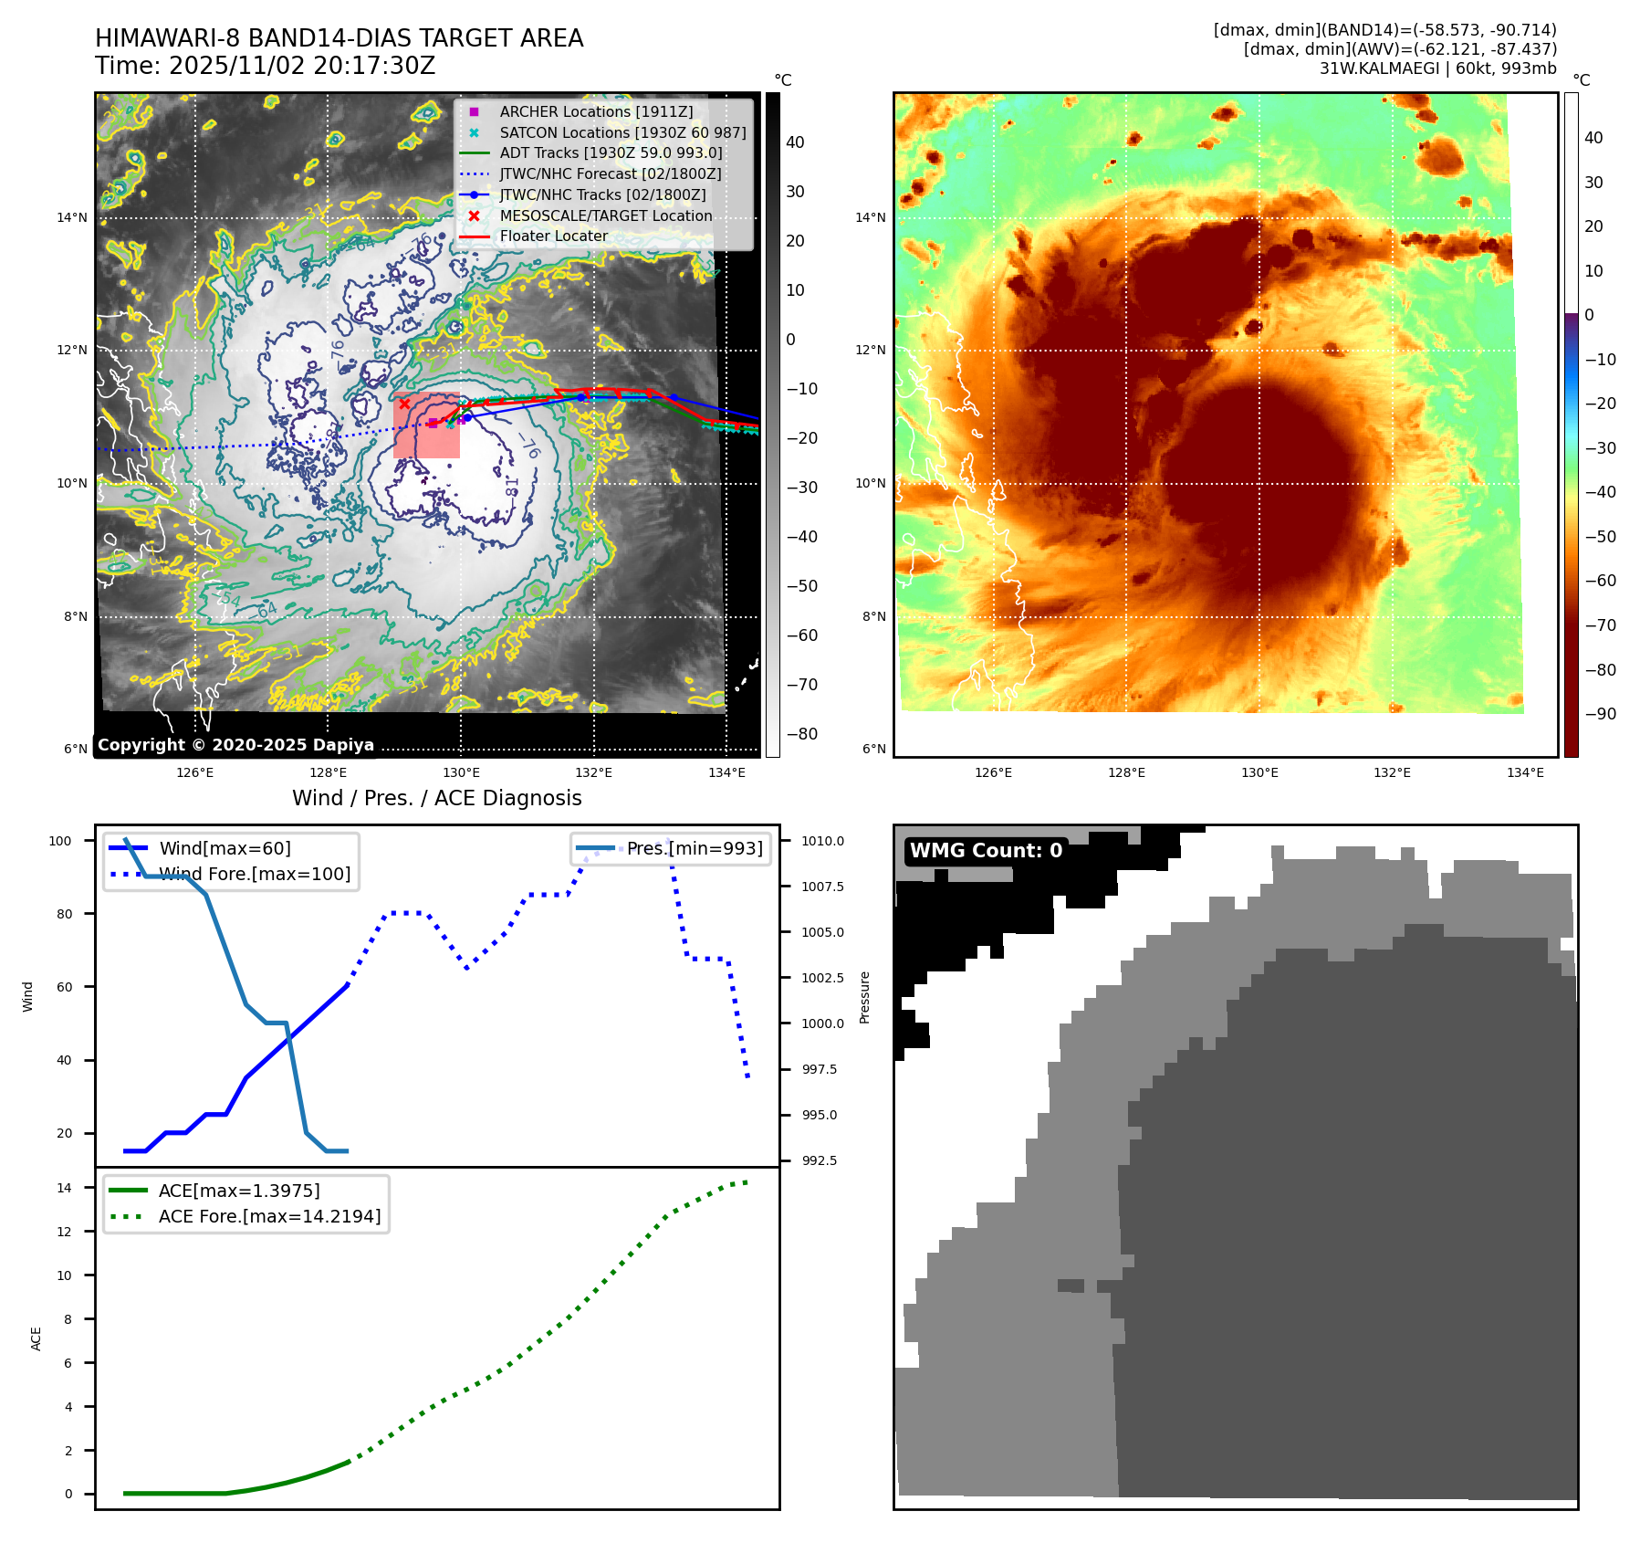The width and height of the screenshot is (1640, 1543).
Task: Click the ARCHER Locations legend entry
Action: click(x=596, y=111)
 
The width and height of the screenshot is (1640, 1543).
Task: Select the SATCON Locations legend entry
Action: click(x=622, y=132)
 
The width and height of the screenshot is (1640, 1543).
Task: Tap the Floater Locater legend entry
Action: click(x=553, y=236)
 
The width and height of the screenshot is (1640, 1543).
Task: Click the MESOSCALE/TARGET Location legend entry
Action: click(x=605, y=215)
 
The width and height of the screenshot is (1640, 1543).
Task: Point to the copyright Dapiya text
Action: click(x=235, y=745)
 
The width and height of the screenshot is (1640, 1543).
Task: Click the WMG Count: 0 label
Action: click(x=986, y=851)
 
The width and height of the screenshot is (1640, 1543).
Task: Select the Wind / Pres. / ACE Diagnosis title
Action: click(x=436, y=798)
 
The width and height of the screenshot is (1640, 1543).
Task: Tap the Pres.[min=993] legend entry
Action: click(x=694, y=848)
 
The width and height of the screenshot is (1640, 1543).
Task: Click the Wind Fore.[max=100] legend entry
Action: click(x=255, y=874)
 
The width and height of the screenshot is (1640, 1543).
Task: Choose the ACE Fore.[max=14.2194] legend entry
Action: click(x=269, y=1216)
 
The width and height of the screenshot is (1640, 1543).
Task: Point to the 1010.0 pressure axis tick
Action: click(x=822, y=841)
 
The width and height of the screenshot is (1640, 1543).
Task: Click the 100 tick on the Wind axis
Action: click(x=60, y=841)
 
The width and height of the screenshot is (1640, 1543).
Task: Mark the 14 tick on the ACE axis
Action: click(x=64, y=1188)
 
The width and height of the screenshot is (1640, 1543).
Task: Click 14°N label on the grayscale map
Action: click(x=72, y=217)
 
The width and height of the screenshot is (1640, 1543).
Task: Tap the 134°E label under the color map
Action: click(x=1525, y=772)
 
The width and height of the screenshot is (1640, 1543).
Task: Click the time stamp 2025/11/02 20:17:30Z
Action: click(x=302, y=67)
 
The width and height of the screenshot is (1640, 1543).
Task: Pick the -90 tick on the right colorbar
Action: click(x=1600, y=714)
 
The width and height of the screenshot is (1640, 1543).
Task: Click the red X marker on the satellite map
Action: click(x=404, y=404)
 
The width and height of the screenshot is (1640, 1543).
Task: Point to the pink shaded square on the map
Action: click(x=426, y=425)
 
